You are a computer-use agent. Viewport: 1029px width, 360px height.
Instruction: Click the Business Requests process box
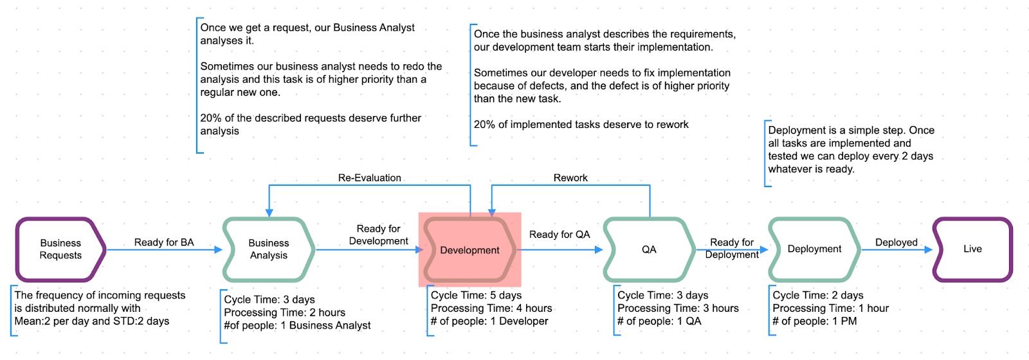coord(60,249)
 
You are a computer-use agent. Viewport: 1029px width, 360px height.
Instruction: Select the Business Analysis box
coord(269,249)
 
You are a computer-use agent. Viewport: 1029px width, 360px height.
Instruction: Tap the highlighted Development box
coord(469,250)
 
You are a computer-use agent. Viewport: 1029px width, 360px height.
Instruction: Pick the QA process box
coord(649,249)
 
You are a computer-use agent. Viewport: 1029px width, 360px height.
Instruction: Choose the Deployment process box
coord(814,249)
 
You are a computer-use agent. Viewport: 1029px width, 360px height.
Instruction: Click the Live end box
coord(972,249)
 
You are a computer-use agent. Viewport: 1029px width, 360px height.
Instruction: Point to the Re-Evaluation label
coord(370,177)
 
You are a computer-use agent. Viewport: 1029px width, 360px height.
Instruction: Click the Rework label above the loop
coord(570,177)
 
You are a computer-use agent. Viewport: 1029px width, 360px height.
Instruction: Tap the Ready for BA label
coord(164,242)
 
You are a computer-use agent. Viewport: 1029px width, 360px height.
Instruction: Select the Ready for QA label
coord(560,235)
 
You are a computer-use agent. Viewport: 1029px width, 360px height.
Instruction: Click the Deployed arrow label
coord(896,242)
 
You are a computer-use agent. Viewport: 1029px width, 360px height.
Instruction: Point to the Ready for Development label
coord(378,235)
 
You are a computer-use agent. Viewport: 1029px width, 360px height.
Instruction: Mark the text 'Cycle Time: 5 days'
coord(476,295)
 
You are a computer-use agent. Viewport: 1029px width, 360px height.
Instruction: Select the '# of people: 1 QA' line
coord(659,321)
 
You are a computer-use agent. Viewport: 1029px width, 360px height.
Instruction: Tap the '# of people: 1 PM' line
coord(814,321)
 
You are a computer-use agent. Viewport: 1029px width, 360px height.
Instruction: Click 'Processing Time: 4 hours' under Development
coord(491,308)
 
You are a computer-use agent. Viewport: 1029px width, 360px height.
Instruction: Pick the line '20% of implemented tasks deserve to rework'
coord(581,124)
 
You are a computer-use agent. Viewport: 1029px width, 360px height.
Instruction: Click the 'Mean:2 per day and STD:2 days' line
coord(92,321)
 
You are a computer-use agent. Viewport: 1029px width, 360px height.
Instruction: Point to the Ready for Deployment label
coord(732,248)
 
